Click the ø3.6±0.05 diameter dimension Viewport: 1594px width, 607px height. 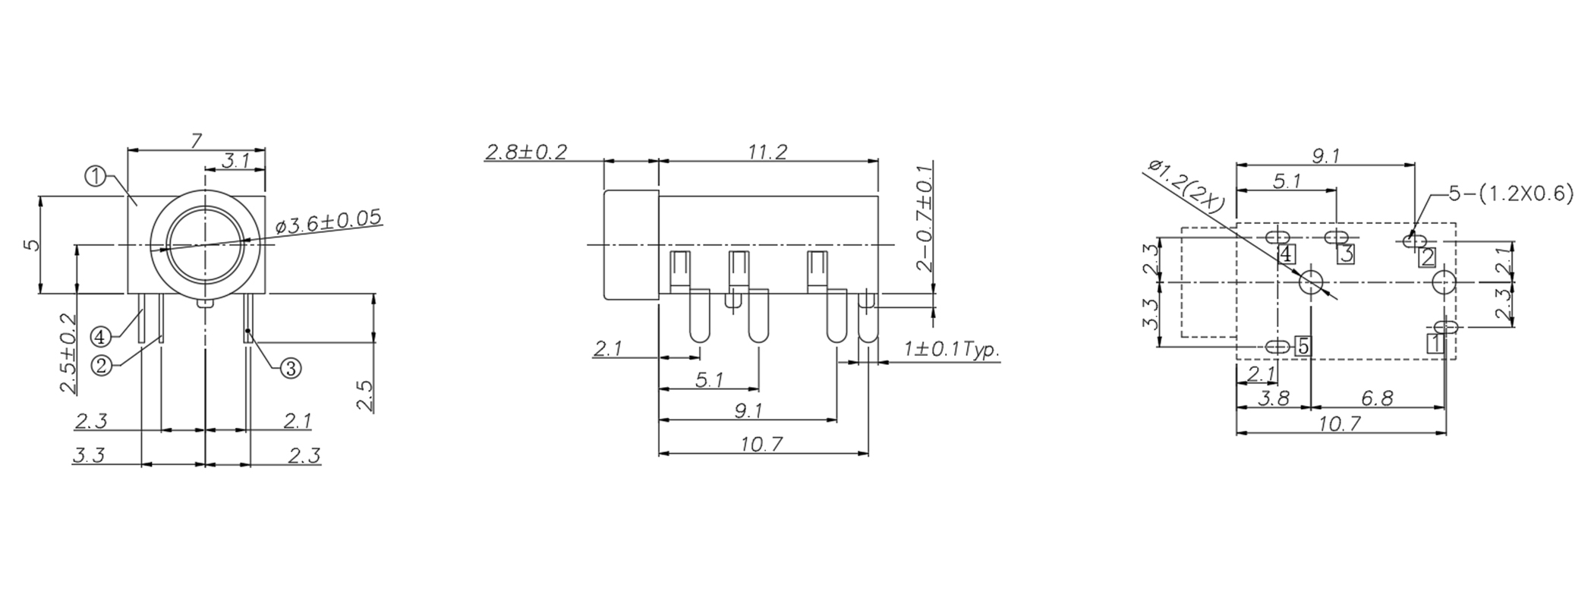pos(328,221)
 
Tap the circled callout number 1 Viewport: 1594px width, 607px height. pos(95,178)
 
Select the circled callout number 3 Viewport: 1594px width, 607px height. pos(291,369)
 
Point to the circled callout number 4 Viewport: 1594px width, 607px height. pos(100,336)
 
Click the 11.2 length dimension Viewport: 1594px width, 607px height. pos(767,151)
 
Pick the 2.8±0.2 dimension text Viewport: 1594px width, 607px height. pos(526,151)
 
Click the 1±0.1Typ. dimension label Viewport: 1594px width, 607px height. pos(951,350)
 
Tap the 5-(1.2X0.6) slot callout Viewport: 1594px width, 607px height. pos(1511,193)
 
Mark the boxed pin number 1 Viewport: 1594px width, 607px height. pos(1434,344)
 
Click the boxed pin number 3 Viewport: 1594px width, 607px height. pos(1346,254)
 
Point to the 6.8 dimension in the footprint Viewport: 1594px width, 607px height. pos(1376,398)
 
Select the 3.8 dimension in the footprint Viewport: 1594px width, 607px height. pos(1274,398)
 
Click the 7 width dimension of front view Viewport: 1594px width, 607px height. pos(196,140)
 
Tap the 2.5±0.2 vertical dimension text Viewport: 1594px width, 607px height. pos(68,353)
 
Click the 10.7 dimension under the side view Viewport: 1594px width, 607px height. pos(761,444)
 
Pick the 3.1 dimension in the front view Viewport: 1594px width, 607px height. pos(236,160)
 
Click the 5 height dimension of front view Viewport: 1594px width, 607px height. pos(30,244)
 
